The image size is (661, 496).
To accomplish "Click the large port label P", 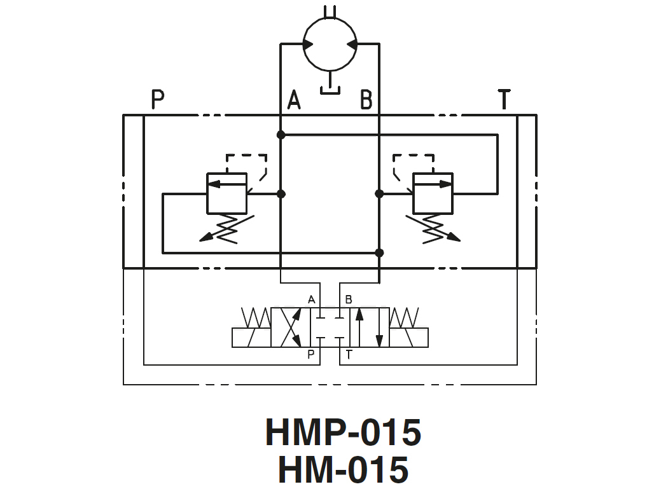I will tap(158, 100).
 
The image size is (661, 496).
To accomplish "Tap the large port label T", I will tap(504, 100).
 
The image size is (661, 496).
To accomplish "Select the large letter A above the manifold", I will tap(293, 100).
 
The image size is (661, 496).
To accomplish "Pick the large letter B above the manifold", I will tap(366, 100).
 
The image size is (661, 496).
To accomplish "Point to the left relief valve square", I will tap(227, 193).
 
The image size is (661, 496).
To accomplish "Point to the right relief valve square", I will tap(433, 193).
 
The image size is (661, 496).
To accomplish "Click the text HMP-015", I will tap(343, 432).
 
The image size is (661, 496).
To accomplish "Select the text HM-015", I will tap(343, 471).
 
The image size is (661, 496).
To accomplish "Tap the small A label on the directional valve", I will tap(311, 299).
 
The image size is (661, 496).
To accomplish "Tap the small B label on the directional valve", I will tap(348, 299).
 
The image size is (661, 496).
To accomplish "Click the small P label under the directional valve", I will tap(311, 355).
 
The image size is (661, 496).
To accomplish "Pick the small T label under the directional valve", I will tap(349, 355).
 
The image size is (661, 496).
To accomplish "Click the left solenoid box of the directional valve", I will tap(251, 338).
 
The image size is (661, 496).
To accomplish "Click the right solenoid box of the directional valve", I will tap(408, 338).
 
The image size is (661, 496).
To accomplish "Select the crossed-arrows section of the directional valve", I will tap(291, 327).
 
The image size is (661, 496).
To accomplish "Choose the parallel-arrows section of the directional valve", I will tap(370, 327).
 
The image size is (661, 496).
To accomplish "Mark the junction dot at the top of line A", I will tap(281, 135).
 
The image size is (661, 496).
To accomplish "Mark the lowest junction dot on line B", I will tap(379, 253).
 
